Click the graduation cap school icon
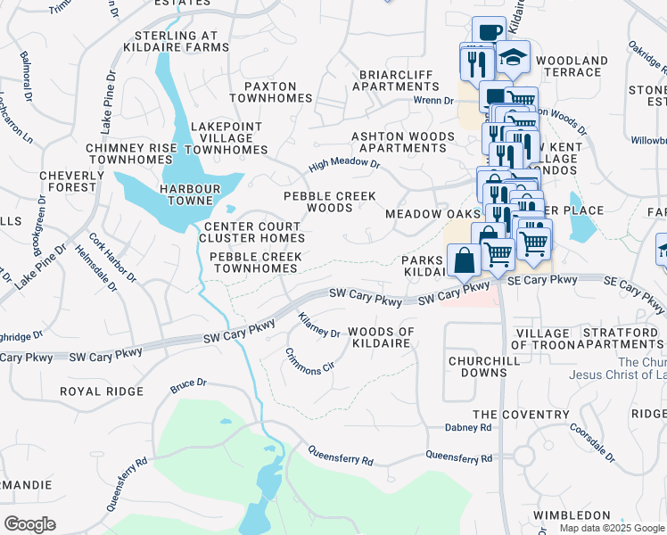point(512,57)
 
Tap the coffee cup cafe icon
point(489,33)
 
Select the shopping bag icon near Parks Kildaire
point(464,260)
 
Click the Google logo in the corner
point(29,523)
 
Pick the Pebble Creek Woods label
point(329,202)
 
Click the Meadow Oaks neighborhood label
point(426,215)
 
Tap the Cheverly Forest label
point(67,181)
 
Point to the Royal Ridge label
point(101,391)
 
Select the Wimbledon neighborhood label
point(572,515)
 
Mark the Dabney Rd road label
point(468,428)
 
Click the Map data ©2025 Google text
point(612,528)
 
